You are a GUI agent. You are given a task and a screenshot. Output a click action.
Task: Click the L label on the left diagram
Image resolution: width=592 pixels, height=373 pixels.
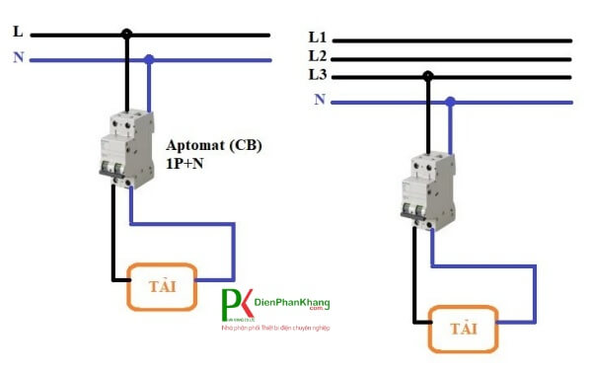[x=18, y=32]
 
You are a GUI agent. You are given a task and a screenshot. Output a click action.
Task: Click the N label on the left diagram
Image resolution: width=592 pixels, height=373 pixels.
[x=18, y=57]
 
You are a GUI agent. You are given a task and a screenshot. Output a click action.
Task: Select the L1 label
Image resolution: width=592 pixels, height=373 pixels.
[x=317, y=37]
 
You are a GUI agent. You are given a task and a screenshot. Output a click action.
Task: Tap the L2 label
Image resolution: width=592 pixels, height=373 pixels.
[x=317, y=56]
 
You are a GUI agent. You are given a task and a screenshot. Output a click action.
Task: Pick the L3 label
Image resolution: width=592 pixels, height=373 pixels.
[x=317, y=75]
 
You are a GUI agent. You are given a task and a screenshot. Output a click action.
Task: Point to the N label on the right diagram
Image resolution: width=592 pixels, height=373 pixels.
[x=319, y=100]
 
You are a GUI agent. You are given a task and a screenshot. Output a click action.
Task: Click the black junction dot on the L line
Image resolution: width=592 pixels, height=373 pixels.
[x=126, y=35]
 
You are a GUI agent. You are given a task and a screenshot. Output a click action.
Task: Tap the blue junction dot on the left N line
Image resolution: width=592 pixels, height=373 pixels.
[x=149, y=59]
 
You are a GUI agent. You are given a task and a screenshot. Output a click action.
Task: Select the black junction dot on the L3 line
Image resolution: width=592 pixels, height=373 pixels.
[x=427, y=76]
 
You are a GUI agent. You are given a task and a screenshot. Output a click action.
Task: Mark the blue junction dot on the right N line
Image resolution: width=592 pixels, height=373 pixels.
[x=450, y=101]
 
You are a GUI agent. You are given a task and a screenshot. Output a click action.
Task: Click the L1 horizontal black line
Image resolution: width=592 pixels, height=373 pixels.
[x=454, y=40]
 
